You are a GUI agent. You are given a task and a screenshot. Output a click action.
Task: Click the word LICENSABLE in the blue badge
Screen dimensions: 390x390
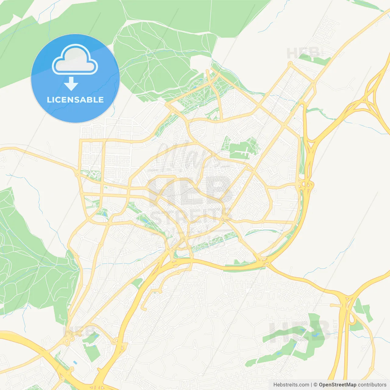[x=75, y=100]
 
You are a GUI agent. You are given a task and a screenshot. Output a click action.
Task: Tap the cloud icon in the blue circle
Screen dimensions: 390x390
[x=75, y=60]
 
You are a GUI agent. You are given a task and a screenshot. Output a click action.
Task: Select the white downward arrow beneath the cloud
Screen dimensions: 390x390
[x=71, y=84]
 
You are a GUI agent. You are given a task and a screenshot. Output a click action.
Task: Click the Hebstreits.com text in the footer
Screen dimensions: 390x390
[x=291, y=385]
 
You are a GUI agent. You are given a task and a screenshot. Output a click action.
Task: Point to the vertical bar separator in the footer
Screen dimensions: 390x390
[x=311, y=385]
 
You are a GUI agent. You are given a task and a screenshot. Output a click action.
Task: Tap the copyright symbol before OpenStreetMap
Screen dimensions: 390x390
[x=315, y=385]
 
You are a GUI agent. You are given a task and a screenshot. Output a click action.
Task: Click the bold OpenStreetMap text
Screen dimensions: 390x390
[x=337, y=385]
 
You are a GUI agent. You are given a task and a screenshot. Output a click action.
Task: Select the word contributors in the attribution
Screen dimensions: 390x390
[x=372, y=385]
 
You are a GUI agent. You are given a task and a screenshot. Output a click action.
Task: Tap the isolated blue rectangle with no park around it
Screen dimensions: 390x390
[x=75, y=363]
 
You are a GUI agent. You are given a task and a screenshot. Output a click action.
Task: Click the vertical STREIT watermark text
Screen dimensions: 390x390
[x=335, y=329]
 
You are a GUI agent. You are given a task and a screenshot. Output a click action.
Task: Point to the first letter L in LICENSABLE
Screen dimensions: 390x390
[x=49, y=100]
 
